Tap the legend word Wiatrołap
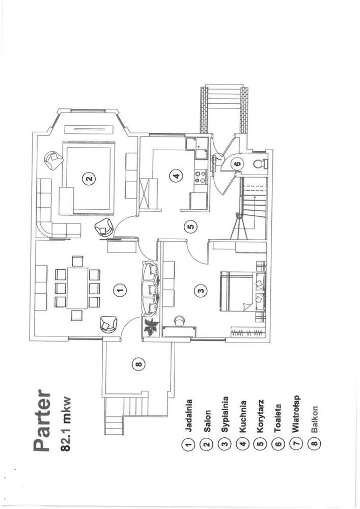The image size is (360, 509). coord(295,414)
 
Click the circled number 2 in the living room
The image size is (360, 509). coord(89,178)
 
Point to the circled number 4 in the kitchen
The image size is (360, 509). coord(176,177)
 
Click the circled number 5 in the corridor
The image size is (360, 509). coord(189,227)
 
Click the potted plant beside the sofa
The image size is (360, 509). coord(151,327)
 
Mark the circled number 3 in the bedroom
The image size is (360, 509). coord(201,291)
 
